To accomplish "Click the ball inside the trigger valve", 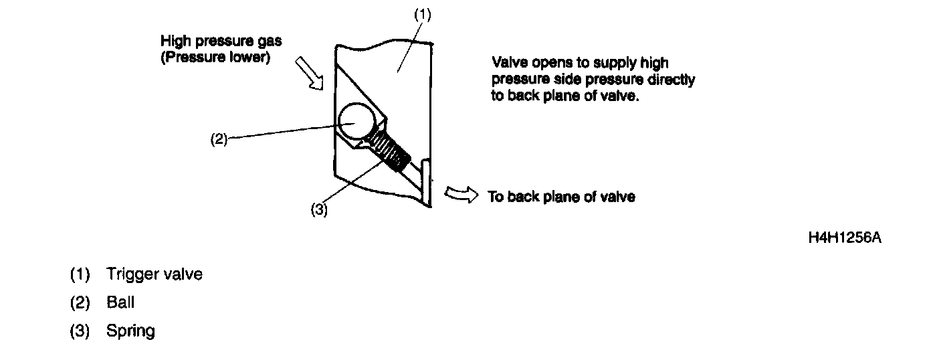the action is coord(356,124).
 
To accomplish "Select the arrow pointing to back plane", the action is coord(461,194).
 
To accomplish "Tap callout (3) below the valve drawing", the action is coord(319,209).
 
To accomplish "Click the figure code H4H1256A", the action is coord(845,238).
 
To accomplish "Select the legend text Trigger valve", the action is coord(154,274).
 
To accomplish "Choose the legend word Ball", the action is coord(120,302).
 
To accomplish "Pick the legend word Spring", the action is coord(130,331).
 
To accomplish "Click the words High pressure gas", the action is coord(221,41).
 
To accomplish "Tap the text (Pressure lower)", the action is coord(215,58).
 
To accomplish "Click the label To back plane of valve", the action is coord(561,197).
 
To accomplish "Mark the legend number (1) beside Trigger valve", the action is coord(80,274).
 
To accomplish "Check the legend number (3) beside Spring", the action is coord(80,331).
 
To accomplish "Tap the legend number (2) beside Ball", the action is coord(80,302).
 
